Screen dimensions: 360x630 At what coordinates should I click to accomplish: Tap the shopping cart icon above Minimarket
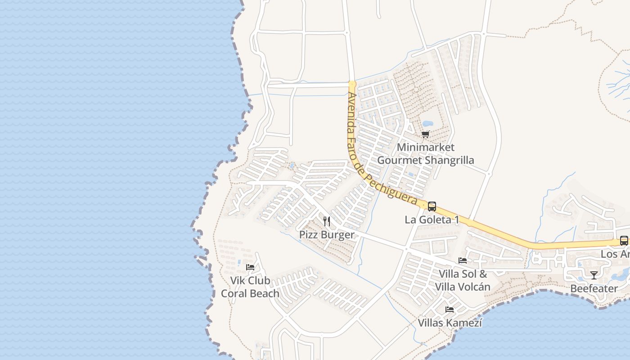(x=426, y=134)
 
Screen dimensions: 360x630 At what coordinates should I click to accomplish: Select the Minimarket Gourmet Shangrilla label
(x=426, y=153)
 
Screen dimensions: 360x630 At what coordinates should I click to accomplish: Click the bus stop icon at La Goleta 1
(x=432, y=207)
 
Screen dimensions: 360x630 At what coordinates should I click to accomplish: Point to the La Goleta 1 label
(x=432, y=220)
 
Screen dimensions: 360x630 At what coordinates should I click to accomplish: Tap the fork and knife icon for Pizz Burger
(x=327, y=221)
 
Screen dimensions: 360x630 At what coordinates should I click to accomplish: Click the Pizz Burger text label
(x=327, y=235)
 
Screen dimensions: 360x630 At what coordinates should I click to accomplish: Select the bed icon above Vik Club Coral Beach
(x=250, y=267)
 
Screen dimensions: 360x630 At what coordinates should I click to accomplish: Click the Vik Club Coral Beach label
(x=250, y=287)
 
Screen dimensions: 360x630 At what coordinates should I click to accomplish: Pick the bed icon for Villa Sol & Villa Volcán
(x=462, y=261)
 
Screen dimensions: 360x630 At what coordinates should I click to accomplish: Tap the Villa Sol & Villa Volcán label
(x=463, y=280)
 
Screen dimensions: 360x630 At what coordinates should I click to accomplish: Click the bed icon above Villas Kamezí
(x=450, y=310)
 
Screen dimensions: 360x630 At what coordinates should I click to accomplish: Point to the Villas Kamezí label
(x=450, y=323)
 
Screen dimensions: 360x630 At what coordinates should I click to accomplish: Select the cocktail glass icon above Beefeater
(x=594, y=275)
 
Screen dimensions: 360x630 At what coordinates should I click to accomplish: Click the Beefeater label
(x=594, y=288)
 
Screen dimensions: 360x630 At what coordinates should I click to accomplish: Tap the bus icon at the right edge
(x=624, y=241)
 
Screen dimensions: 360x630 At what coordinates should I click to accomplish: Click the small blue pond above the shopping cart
(x=427, y=123)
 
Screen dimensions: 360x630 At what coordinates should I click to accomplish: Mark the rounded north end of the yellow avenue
(x=352, y=84)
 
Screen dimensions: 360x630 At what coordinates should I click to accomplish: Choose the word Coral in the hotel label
(x=234, y=293)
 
